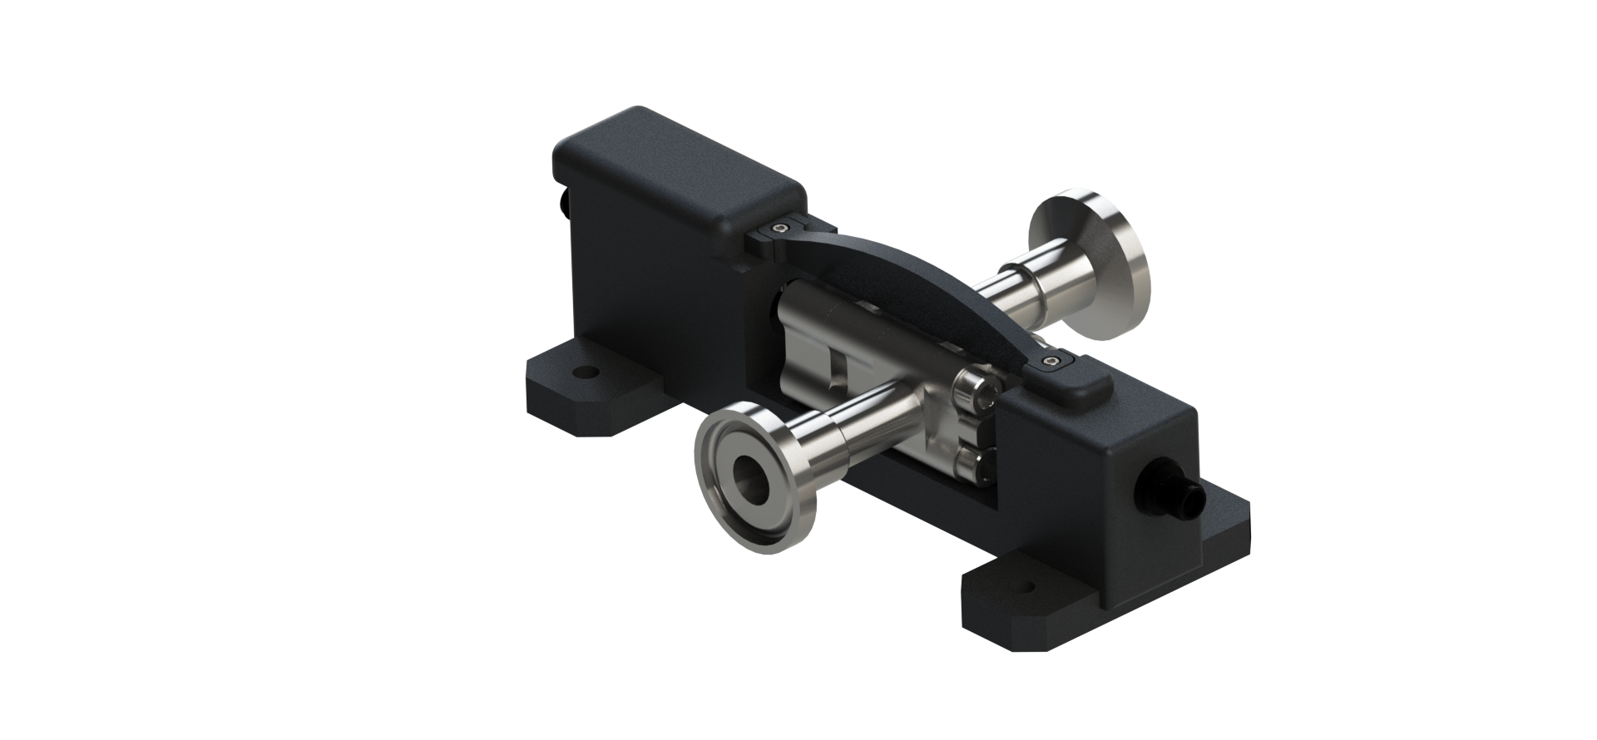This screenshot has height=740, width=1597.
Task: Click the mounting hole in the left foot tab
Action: (589, 372)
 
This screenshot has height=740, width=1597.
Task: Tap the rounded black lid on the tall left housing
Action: (682, 167)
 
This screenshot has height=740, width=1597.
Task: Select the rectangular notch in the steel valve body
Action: (837, 369)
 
